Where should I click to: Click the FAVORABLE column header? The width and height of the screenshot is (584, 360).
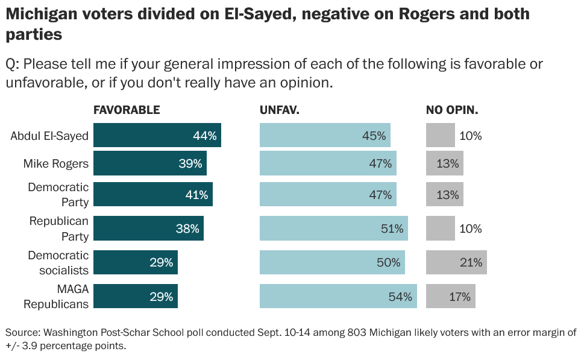coord(127,110)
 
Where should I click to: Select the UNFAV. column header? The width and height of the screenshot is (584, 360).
coord(279,110)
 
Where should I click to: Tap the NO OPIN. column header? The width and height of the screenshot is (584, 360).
coord(452,110)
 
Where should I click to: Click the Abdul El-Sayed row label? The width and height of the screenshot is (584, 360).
coord(49,136)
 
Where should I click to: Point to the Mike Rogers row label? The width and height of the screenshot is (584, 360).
coord(56,163)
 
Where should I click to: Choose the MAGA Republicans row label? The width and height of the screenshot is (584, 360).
coord(56,297)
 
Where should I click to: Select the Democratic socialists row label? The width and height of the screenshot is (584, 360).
coord(58,263)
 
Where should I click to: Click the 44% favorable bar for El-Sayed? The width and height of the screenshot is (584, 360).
coord(157,135)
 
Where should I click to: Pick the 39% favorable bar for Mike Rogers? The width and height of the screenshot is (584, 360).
coord(150,163)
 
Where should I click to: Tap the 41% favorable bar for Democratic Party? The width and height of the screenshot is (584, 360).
coord(153,194)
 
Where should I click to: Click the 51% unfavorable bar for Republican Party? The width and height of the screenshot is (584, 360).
coord(334,228)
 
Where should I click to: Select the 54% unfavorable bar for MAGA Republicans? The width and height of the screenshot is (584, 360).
coord(338,296)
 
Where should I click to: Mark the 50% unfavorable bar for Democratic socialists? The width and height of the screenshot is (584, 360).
coord(332,262)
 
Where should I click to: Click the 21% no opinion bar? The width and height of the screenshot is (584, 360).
coord(456,262)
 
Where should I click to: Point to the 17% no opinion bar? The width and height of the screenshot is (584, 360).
coord(451,296)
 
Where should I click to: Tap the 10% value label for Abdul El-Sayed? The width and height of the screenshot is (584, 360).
coord(471,136)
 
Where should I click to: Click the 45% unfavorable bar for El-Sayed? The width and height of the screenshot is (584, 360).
coord(325,135)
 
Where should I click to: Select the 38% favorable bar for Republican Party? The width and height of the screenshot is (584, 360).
coord(149,228)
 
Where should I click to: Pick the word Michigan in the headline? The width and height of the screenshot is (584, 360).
coord(43,14)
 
